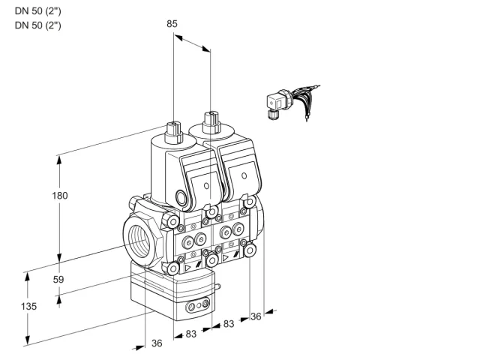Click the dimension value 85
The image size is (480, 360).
pyautogui.click(x=172, y=23)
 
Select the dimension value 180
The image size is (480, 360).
pyautogui.click(x=60, y=195)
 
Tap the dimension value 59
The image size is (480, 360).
pyautogui.click(x=58, y=279)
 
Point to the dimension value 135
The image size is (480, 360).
pyautogui.click(x=28, y=306)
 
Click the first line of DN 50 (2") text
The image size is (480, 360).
pyautogui.click(x=38, y=11)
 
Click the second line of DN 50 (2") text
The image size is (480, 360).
pyautogui.click(x=38, y=25)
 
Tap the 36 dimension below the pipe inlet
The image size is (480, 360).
pyautogui.click(x=157, y=343)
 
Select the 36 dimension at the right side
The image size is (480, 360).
pyautogui.click(x=256, y=316)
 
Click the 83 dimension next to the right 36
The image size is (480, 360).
pyautogui.click(x=229, y=323)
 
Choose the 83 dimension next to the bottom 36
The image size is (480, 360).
pyautogui.click(x=191, y=334)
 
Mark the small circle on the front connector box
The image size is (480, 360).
pyautogui.click(x=206, y=186)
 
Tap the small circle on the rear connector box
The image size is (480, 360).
pyautogui.click(x=244, y=175)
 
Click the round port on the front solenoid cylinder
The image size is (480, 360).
pyautogui.click(x=181, y=196)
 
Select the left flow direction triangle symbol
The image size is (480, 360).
pyautogui.click(x=188, y=268)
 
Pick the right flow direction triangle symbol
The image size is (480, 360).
pyautogui.click(x=226, y=258)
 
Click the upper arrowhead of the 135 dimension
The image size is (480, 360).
pyautogui.click(x=27, y=277)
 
